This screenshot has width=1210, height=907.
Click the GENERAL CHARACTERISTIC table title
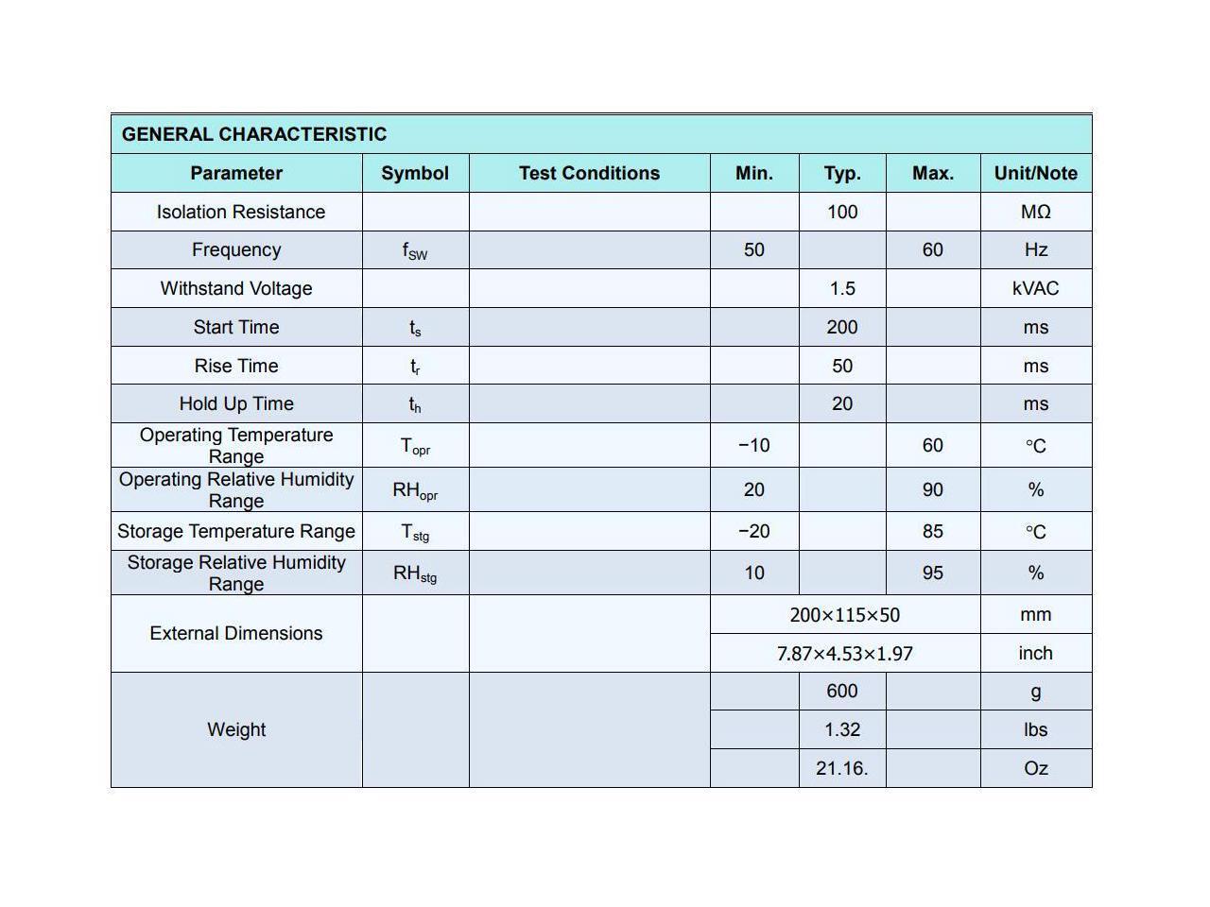pos(254,134)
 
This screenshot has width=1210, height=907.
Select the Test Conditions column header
pos(589,173)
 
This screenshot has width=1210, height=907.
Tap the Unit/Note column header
pos(1035,173)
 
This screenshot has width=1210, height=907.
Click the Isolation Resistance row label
pos(240,212)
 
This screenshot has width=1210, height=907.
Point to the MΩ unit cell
pos(1035,212)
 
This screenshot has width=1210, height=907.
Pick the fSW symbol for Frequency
pos(415,250)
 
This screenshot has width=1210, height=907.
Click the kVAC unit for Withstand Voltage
pos(1035,288)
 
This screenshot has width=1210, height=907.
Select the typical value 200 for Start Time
pos(841,327)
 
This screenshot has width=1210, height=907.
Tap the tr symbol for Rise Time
pos(415,366)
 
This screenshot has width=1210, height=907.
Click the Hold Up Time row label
pos(236,403)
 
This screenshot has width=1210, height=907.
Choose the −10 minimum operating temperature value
pos(753,445)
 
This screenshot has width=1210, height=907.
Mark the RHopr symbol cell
pos(415,489)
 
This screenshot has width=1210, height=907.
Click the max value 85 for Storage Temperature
pos(932,531)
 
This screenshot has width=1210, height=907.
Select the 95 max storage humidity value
pos(932,573)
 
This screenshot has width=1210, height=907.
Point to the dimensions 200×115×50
pos(844,615)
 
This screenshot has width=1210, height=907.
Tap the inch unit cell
pos(1035,653)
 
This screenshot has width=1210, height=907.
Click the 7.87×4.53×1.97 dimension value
pos(844,653)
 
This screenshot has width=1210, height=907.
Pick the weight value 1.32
pos(841,729)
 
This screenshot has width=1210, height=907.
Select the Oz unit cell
pos(1035,768)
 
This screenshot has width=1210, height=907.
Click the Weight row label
pos(236,729)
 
